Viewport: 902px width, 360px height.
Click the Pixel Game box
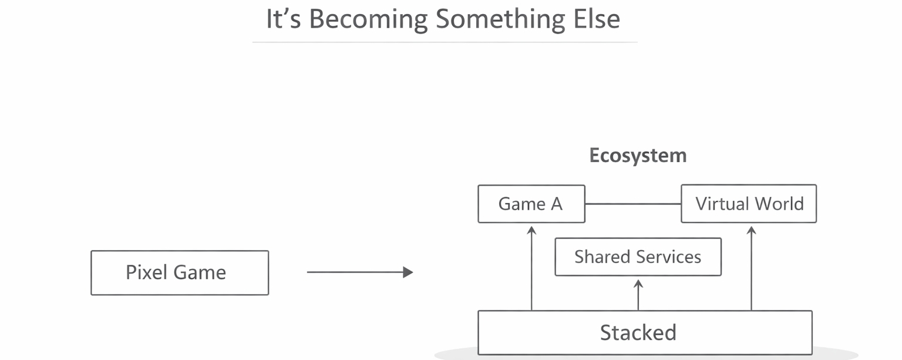click(x=180, y=272)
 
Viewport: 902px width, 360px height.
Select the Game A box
click(x=531, y=204)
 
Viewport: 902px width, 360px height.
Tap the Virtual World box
click(x=749, y=204)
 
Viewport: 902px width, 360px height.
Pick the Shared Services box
click(x=638, y=257)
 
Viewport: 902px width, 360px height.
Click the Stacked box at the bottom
click(x=645, y=332)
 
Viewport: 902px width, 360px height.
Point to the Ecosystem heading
click(x=638, y=156)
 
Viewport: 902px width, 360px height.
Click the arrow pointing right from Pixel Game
click(x=359, y=272)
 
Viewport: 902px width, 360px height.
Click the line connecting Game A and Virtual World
click(x=632, y=204)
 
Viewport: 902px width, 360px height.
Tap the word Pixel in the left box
click(x=144, y=272)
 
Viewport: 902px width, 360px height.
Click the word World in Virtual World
click(x=779, y=204)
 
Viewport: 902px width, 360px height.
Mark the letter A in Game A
click(x=556, y=204)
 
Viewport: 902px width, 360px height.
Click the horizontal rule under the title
click(x=445, y=42)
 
